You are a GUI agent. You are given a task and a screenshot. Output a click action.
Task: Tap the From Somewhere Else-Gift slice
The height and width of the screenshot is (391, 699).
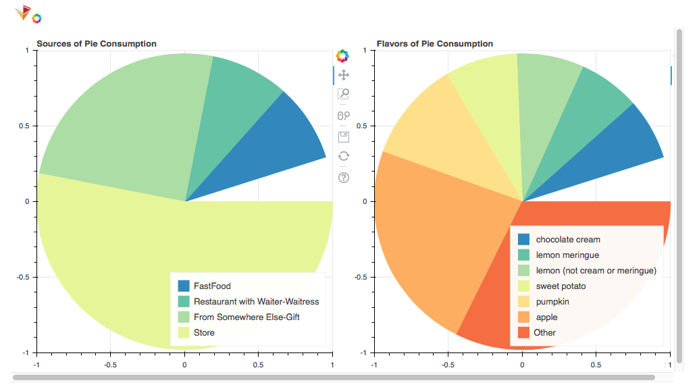[128, 122]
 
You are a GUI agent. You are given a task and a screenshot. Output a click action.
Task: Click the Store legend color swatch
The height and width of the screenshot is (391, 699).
[183, 332]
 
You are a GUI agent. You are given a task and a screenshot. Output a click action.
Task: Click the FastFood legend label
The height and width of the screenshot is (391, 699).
[212, 286]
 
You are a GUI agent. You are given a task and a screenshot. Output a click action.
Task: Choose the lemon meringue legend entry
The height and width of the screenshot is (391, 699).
[567, 255]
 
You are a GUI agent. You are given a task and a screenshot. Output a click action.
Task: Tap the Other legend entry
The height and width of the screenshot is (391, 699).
[544, 332]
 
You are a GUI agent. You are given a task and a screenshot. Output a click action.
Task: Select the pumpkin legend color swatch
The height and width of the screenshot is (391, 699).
[523, 302]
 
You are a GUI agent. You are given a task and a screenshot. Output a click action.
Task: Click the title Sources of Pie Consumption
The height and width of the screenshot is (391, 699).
[97, 44]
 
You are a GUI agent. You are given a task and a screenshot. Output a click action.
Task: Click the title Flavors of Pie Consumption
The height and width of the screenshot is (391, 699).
[435, 44]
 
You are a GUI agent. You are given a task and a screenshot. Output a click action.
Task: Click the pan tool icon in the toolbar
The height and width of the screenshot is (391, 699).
[343, 75]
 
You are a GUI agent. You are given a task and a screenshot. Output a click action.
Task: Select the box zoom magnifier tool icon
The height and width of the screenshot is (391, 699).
[343, 95]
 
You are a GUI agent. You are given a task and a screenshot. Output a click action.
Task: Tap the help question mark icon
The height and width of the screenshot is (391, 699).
[343, 178]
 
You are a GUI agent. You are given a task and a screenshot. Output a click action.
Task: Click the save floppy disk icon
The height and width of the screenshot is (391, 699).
[343, 137]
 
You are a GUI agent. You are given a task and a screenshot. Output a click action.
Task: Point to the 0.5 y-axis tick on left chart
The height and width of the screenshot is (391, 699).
[26, 126]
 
